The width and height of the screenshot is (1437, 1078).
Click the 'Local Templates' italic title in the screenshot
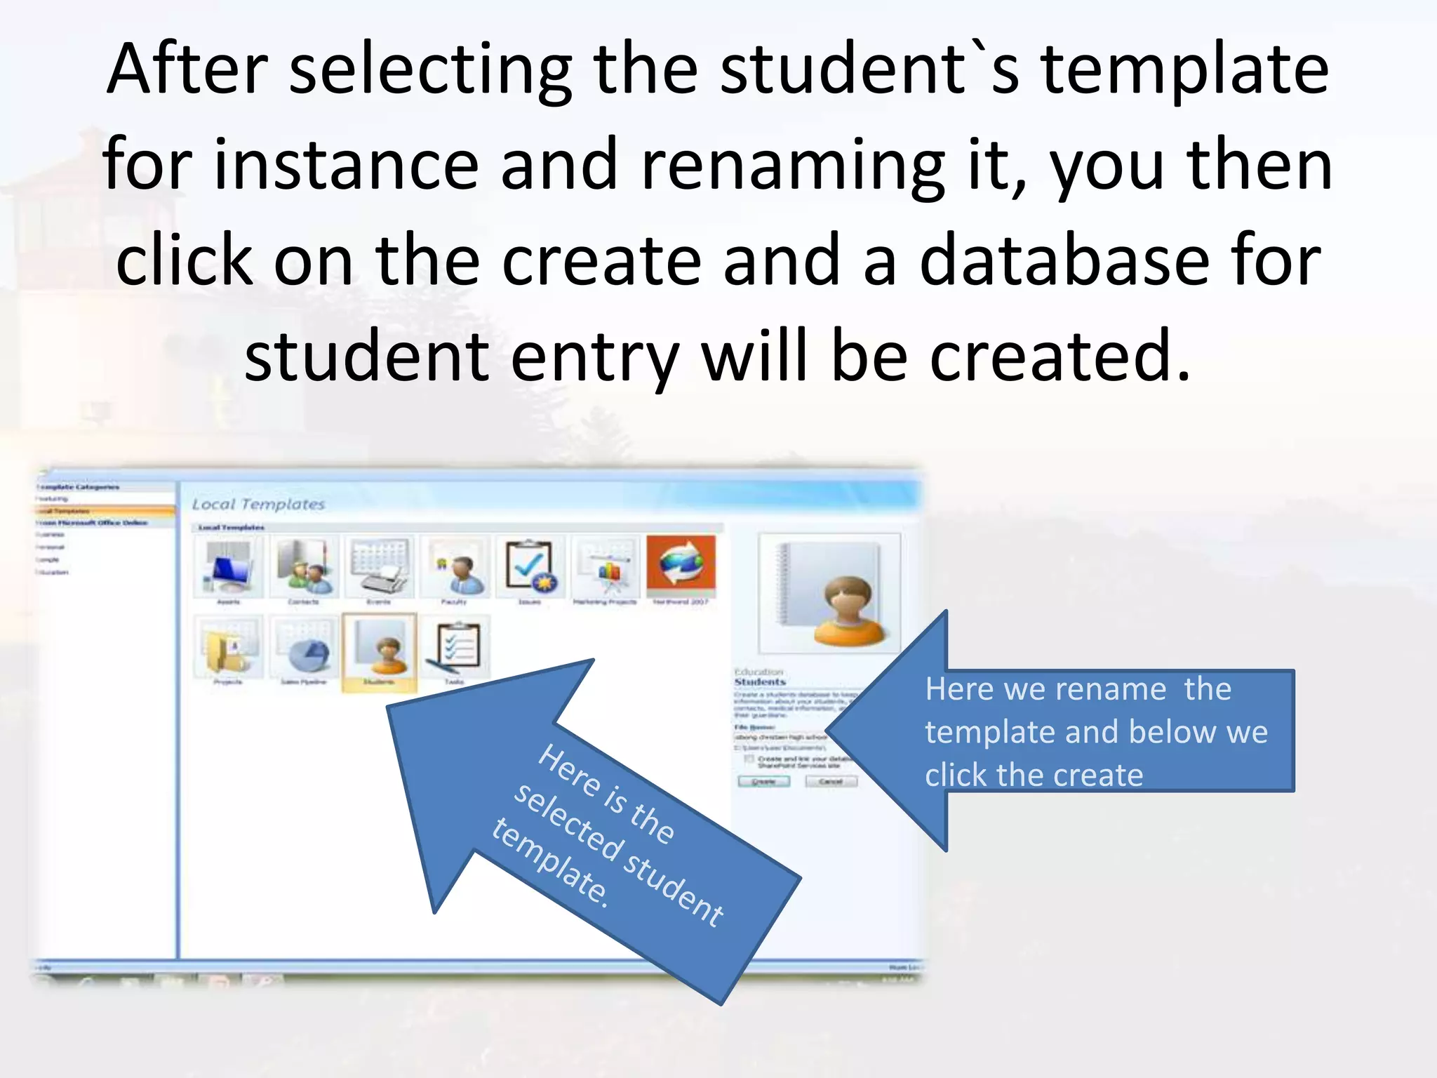click(x=258, y=504)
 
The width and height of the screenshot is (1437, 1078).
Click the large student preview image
click(x=829, y=593)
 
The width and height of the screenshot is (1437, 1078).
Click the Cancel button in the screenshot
click(x=831, y=781)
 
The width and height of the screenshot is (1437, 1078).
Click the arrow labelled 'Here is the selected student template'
click(x=596, y=828)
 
